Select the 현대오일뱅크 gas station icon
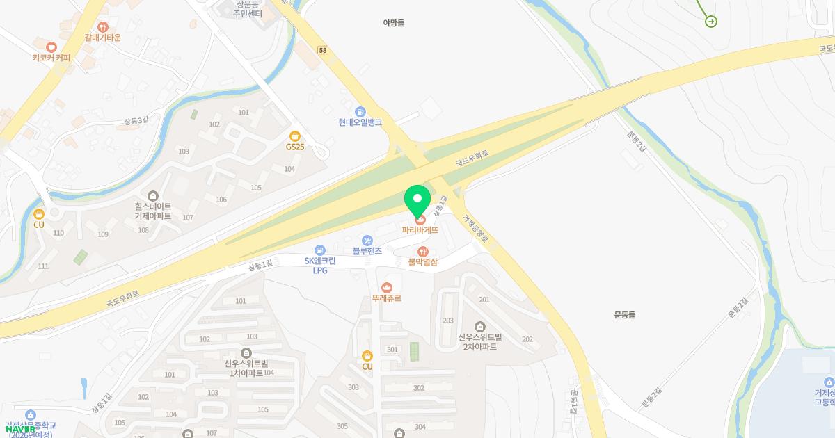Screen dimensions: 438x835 tap(360, 111)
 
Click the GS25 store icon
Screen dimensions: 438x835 tap(295, 136)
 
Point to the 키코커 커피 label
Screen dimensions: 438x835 tap(51, 58)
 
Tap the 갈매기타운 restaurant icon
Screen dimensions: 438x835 tap(103, 27)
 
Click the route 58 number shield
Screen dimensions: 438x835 tap(322, 50)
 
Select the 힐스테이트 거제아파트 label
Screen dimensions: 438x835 tap(153, 211)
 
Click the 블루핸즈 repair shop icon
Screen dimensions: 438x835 tap(367, 240)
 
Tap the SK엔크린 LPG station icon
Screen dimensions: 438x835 tap(319, 250)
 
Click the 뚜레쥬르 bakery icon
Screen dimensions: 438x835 tap(387, 287)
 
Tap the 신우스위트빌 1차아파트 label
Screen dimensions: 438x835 tap(246, 368)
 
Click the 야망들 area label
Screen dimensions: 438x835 tap(395, 22)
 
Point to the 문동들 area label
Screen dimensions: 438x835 tap(625, 314)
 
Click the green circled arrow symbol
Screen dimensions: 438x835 tap(711, 22)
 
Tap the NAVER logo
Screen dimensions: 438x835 tap(20, 429)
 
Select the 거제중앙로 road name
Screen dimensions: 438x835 tap(476, 228)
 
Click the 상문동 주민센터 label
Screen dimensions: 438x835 tap(247, 9)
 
